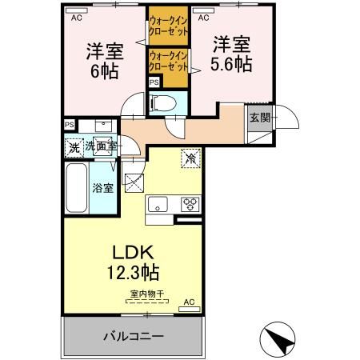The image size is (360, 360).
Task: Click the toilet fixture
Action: pyautogui.click(x=163, y=103)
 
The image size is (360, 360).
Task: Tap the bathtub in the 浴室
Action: pyautogui.click(x=77, y=188)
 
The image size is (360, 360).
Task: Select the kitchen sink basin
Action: pyautogui.click(x=158, y=204)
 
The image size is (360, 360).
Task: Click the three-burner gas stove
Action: pyautogui.click(x=190, y=204)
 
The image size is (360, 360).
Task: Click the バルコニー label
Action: pyautogui.click(x=133, y=336)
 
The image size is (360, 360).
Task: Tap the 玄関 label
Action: pyautogui.click(x=260, y=118)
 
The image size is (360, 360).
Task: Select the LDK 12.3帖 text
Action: pyautogui.click(x=133, y=262)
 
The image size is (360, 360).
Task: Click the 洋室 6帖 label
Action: pyautogui.click(x=105, y=61)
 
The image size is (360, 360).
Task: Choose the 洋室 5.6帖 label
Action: pyautogui.click(x=231, y=54)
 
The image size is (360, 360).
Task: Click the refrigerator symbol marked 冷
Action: pyautogui.click(x=190, y=158)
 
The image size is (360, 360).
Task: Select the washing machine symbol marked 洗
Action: pyautogui.click(x=74, y=148)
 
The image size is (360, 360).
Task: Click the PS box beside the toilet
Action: pyautogui.click(x=154, y=82)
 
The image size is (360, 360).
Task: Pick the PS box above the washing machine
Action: pyautogui.click(x=70, y=125)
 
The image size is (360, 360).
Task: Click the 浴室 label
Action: pyautogui.click(x=103, y=188)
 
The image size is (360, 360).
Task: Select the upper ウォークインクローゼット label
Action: pyautogui.click(x=168, y=26)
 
